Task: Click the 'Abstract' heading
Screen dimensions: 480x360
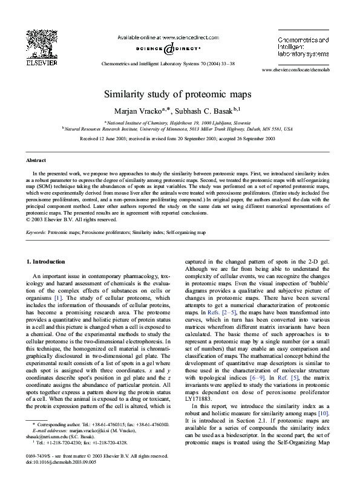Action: coord(36,160)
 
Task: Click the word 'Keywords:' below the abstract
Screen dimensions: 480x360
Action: coord(37,232)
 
